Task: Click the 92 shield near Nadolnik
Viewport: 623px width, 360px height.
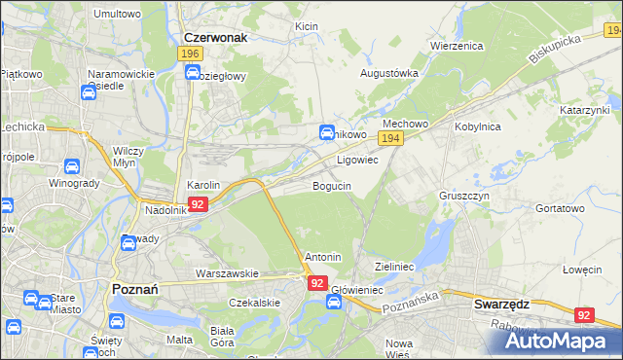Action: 198,204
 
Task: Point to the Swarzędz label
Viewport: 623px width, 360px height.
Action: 501,304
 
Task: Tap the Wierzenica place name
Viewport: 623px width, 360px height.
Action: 457,45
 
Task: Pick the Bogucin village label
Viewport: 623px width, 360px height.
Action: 332,186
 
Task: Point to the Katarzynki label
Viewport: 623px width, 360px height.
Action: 584,111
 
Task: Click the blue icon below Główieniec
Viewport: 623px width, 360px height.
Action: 333,303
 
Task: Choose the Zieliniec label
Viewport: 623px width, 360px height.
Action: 395,266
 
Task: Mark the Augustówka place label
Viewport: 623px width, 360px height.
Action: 389,73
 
